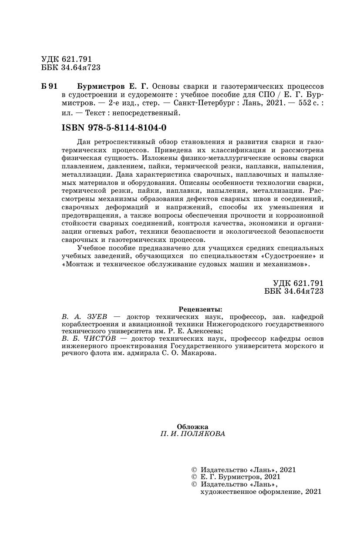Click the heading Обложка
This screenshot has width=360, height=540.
click(193, 426)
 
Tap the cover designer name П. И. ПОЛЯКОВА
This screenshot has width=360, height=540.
click(193, 434)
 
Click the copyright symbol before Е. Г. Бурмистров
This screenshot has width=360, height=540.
click(194, 477)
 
